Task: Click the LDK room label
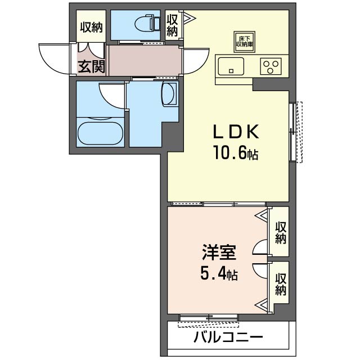click(x=235, y=132)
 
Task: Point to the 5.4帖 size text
click(x=218, y=274)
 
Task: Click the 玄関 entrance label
click(x=91, y=67)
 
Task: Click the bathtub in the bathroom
click(x=99, y=133)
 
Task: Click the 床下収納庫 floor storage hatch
click(x=245, y=40)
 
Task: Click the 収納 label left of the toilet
click(x=91, y=26)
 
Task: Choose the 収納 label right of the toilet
click(x=172, y=24)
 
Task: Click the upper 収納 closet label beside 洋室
click(x=281, y=232)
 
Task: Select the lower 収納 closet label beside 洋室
click(x=281, y=284)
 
